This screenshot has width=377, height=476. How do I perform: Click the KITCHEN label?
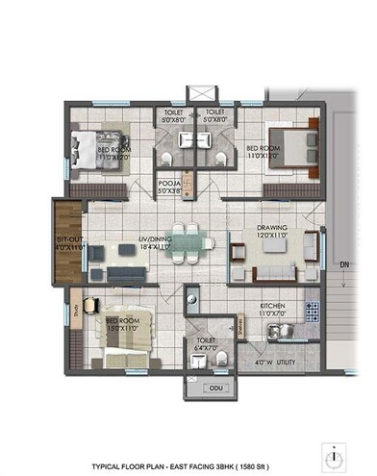pyautogui.click(x=272, y=306)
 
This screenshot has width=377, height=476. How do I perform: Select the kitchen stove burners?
pyautogui.click(x=311, y=310)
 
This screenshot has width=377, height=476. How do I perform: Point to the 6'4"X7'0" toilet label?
pyautogui.click(x=206, y=345)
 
